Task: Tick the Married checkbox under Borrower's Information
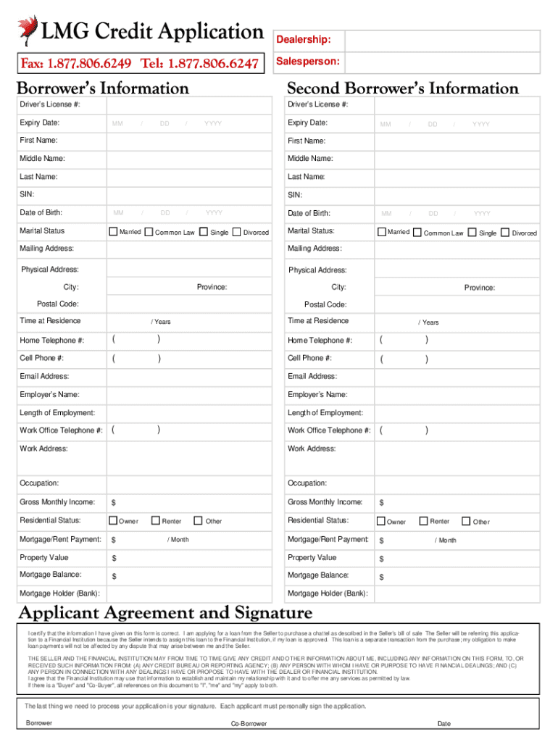tap(113, 232)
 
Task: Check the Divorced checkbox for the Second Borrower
tap(505, 232)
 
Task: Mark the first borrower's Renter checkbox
tap(156, 520)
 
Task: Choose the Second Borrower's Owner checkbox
tap(380, 520)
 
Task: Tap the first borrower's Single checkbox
tap(204, 232)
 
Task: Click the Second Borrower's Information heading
tap(403, 89)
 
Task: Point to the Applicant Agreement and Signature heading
tap(165, 613)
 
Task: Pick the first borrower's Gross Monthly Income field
tap(192, 502)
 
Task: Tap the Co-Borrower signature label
tap(249, 724)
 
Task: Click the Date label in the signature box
tap(444, 724)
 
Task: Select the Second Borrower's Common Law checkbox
tap(417, 232)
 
